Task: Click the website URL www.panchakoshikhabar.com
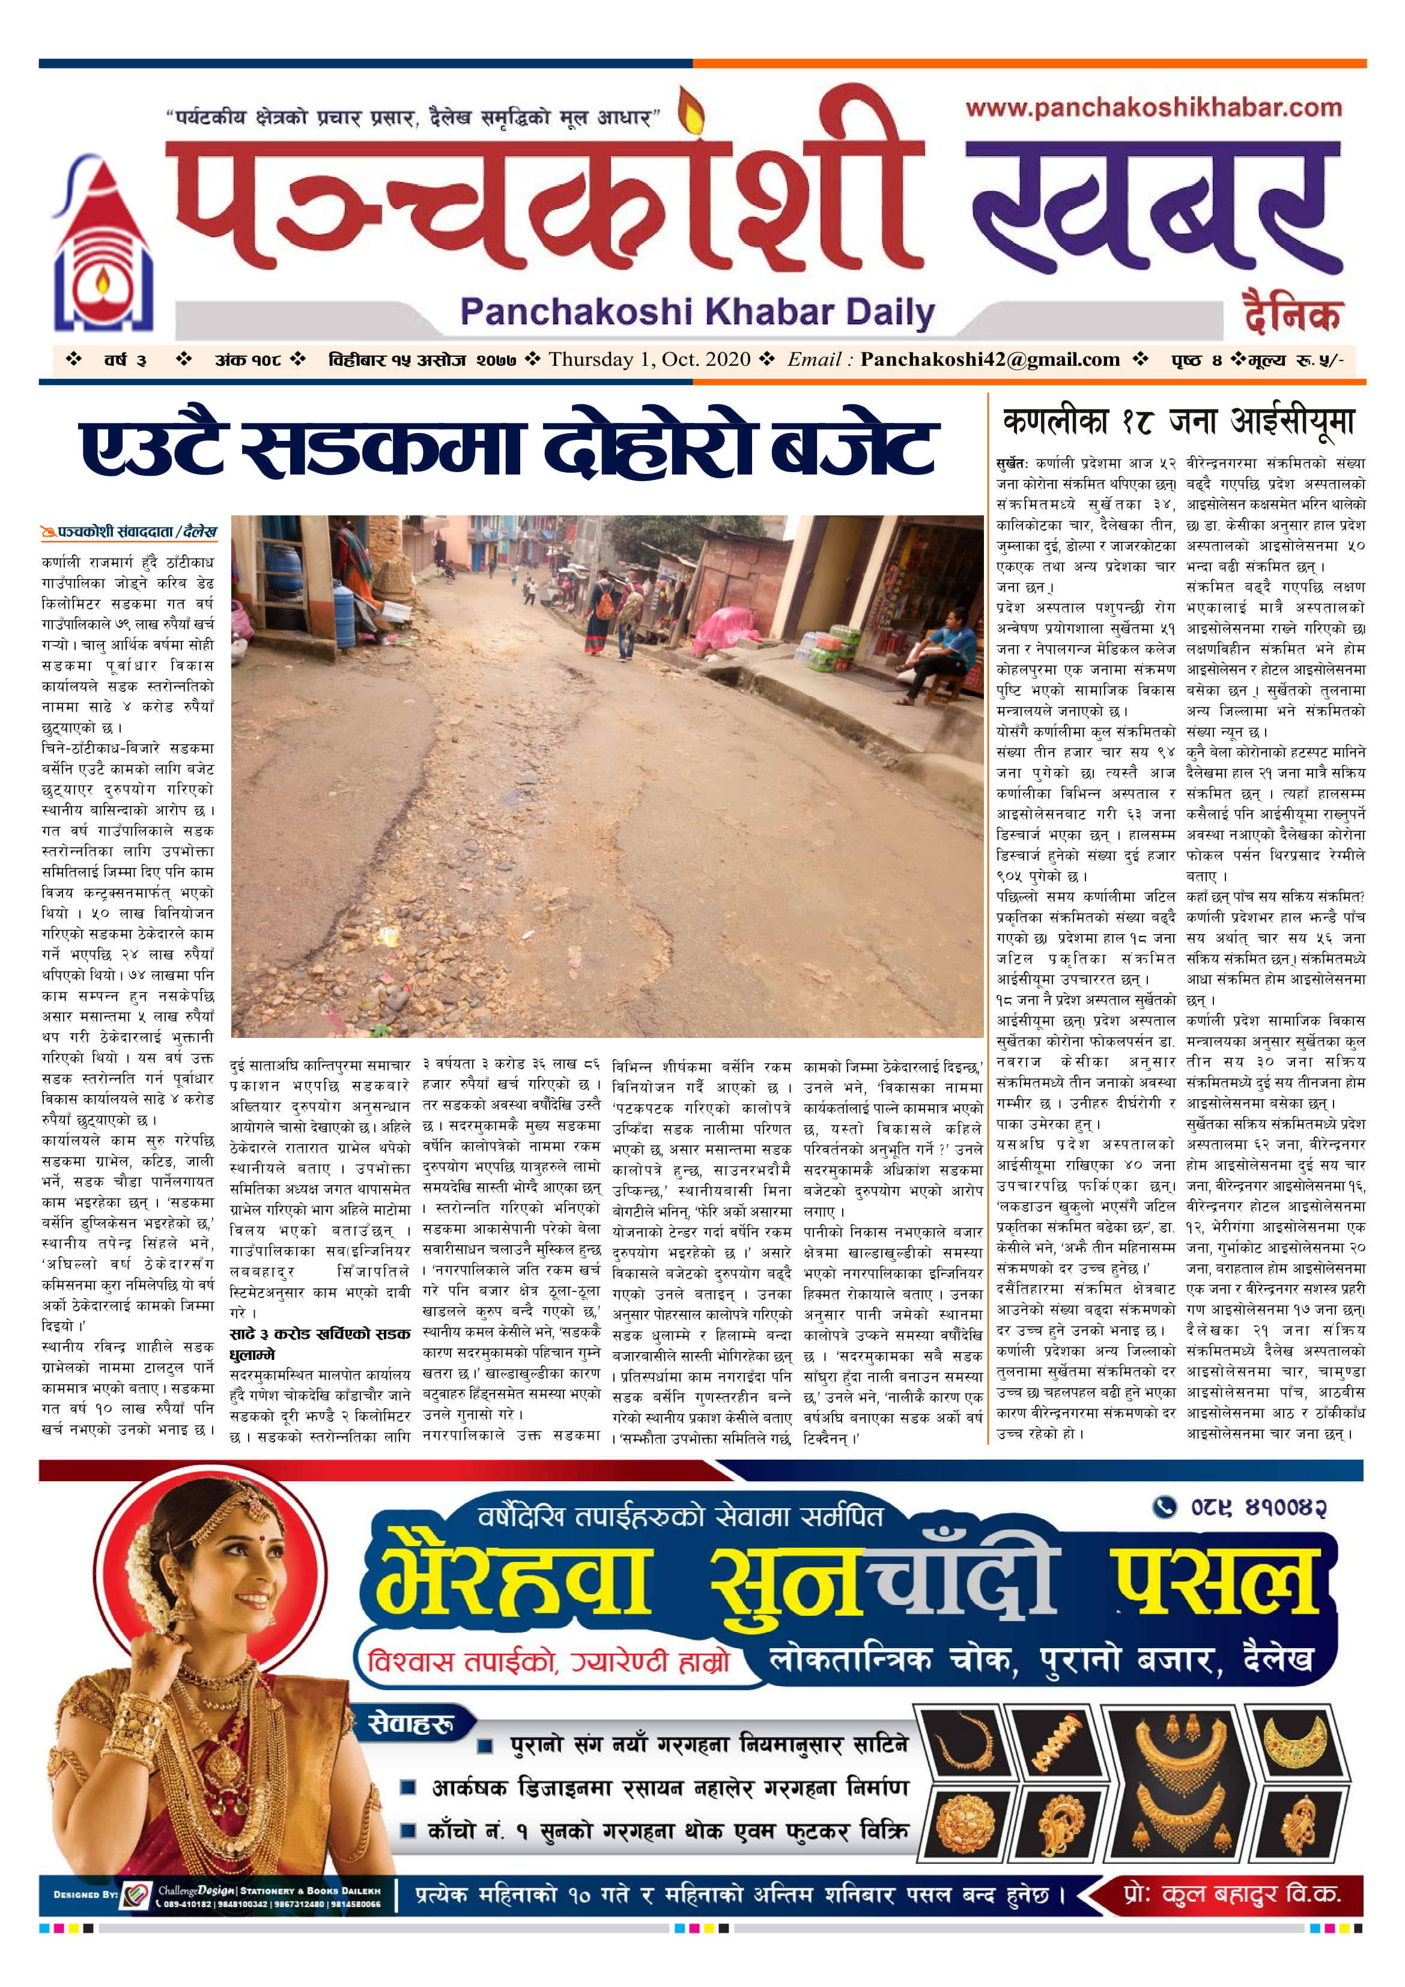click(1153, 108)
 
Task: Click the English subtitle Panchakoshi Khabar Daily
click(697, 312)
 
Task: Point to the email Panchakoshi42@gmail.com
click(989, 359)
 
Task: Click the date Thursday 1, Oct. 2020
click(649, 359)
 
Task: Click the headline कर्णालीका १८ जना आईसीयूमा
click(1178, 422)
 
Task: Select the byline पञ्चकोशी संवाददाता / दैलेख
click(130, 532)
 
